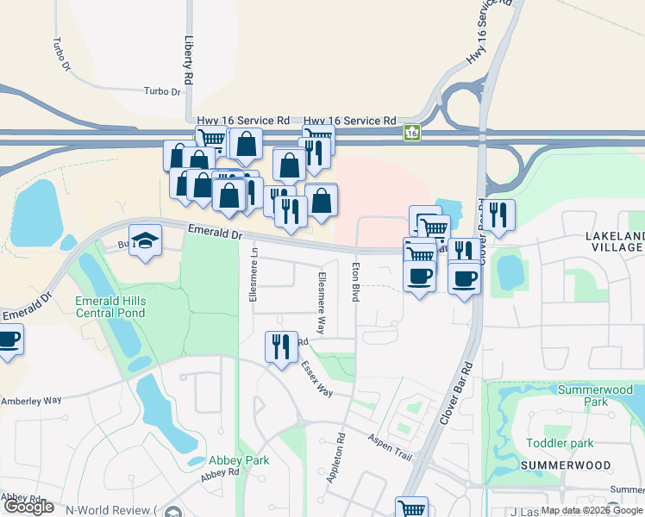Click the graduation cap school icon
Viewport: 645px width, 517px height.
coord(145,241)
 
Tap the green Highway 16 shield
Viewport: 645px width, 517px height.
coord(413,133)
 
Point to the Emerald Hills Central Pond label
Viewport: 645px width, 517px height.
coord(110,307)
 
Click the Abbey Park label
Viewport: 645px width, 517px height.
coord(239,460)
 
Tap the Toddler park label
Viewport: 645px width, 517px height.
coord(560,443)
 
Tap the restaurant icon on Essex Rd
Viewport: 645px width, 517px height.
coord(281,347)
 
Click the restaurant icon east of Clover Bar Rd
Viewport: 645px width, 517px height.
coord(498,215)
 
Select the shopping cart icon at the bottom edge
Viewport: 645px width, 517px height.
coord(411,508)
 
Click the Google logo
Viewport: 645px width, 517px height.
coord(28,507)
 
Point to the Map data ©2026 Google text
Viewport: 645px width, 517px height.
coord(592,510)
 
